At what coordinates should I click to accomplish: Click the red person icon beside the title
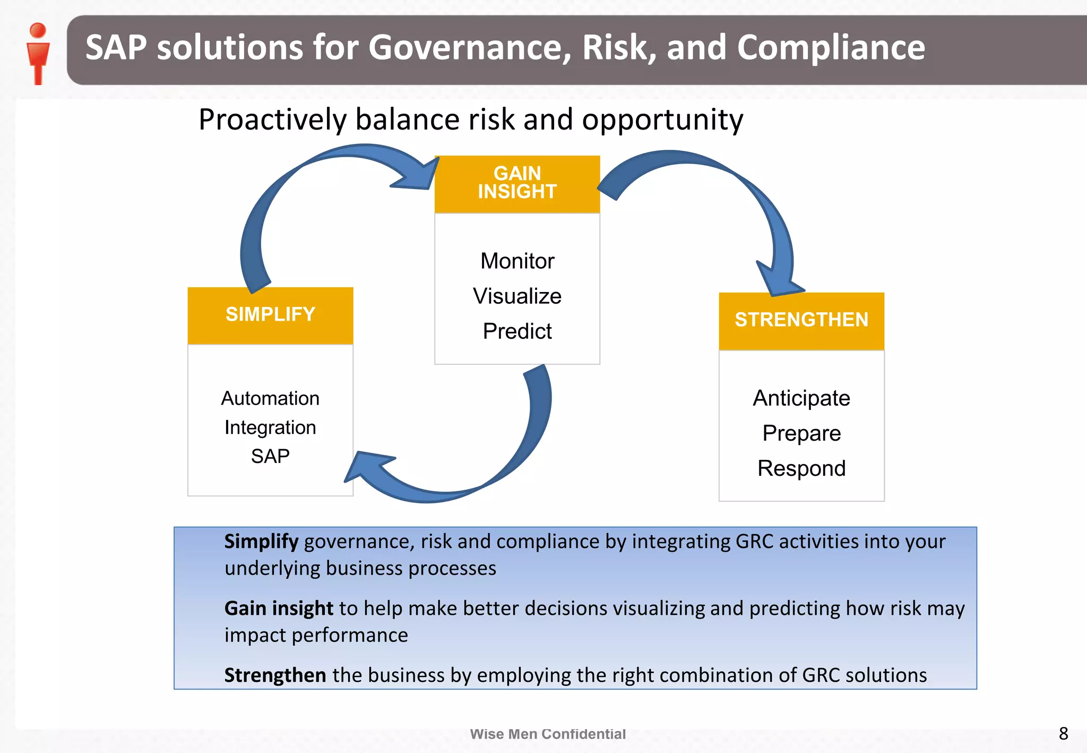[x=38, y=53]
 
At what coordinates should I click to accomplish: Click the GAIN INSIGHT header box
[x=517, y=184]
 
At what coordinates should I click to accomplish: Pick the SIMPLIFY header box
[x=270, y=315]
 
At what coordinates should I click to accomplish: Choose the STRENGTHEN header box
[x=801, y=320]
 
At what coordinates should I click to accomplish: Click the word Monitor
[x=517, y=261]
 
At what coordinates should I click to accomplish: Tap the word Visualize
[x=517, y=296]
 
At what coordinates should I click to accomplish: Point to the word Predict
[x=517, y=331]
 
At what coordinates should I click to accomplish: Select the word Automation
[x=270, y=398]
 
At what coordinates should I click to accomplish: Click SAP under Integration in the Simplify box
[x=270, y=456]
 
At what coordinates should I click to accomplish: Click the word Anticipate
[x=801, y=398]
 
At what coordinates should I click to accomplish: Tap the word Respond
[x=801, y=468]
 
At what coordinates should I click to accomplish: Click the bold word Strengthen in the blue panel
[x=275, y=675]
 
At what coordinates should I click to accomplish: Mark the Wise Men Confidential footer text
[x=548, y=734]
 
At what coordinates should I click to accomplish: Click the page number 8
[x=1063, y=733]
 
